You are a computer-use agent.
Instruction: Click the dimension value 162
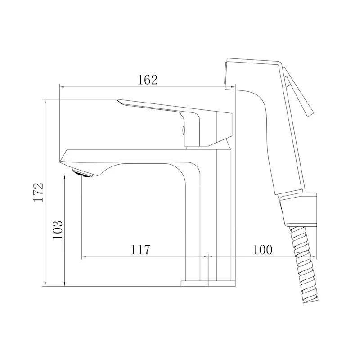[x=148, y=80]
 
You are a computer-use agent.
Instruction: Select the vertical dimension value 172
[x=38, y=192]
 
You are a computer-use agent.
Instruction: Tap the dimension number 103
[x=58, y=230]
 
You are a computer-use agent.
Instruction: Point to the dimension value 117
[x=140, y=250]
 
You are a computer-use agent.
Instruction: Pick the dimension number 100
[x=263, y=250]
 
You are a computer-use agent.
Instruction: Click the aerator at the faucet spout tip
[x=82, y=173]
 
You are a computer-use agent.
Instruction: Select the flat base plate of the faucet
[x=208, y=283]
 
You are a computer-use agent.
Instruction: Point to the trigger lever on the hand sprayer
[x=298, y=92]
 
